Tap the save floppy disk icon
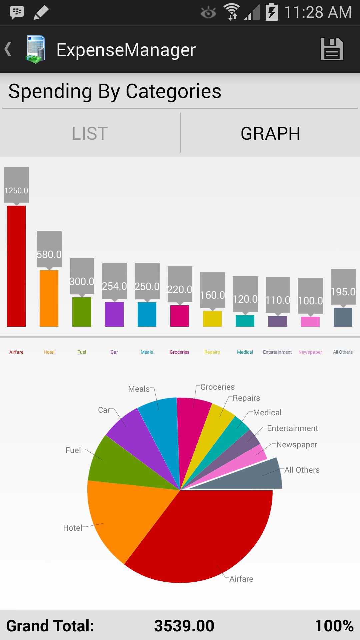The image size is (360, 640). point(332,49)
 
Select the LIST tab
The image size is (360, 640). point(90,133)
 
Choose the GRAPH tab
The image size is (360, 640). point(270,133)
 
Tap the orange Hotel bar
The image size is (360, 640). point(49,298)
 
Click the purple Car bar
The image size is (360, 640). point(114,314)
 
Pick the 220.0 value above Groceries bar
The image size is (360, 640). point(180,289)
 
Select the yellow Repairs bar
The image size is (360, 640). point(212,319)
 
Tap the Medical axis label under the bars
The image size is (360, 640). point(245,352)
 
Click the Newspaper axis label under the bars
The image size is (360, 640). point(310,352)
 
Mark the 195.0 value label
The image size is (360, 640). point(343,291)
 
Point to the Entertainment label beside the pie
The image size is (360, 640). point(292,428)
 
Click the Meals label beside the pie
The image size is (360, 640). point(139,389)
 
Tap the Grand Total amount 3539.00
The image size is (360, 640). point(184,626)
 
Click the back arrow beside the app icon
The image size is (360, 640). point(8,49)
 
